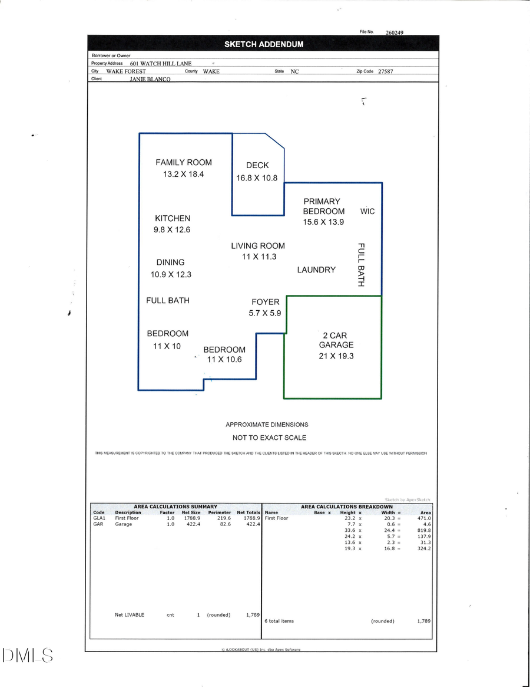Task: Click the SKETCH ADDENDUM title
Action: (263, 44)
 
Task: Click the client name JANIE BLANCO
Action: (150, 78)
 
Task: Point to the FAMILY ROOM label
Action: (184, 162)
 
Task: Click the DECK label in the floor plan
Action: (257, 165)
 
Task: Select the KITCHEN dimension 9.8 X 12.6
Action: (172, 229)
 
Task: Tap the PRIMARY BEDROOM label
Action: (323, 206)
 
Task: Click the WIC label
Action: (367, 211)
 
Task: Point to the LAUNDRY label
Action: (316, 269)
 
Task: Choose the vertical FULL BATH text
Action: (361, 265)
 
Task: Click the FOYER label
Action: (266, 302)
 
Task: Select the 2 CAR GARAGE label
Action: (336, 340)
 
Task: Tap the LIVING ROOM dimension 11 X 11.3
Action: (258, 257)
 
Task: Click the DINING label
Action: (170, 262)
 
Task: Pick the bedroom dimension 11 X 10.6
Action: (224, 360)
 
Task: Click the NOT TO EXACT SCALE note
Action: (269, 438)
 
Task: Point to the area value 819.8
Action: (423, 530)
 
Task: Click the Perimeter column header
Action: (219, 512)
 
